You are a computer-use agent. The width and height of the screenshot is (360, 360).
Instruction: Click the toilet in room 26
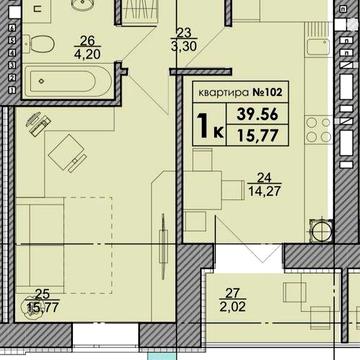point(42,44)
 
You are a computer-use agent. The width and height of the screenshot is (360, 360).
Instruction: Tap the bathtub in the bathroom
point(67,80)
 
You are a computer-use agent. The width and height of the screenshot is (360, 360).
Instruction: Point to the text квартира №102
point(240,92)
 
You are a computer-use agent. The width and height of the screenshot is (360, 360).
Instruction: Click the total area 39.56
point(257,114)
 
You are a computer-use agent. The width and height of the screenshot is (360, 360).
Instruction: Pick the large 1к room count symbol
point(210,125)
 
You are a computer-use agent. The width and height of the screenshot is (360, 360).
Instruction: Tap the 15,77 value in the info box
point(257,136)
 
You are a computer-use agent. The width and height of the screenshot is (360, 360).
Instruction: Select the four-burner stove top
point(319,130)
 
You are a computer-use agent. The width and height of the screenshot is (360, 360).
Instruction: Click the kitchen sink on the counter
point(318,47)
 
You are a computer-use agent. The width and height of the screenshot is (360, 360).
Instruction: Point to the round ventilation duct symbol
point(321,230)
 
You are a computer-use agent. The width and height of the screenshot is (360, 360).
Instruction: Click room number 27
point(232,293)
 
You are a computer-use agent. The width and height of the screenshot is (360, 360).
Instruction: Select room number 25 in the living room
point(42,294)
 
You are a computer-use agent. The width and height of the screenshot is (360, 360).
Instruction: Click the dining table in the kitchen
point(203,190)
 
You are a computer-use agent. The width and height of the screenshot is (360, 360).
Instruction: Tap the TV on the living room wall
point(163,247)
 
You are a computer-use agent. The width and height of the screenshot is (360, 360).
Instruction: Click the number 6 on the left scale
point(14,28)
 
